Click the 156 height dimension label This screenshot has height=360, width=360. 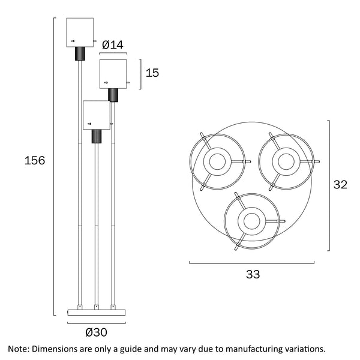pyautogui.click(x=34, y=161)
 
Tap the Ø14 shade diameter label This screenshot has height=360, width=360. pyautogui.click(x=113, y=44)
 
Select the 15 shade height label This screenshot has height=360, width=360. pyautogui.click(x=152, y=73)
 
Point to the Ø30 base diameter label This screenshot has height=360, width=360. pyautogui.click(x=97, y=331)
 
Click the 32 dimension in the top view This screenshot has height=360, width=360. pyautogui.click(x=340, y=185)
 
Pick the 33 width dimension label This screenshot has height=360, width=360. pyautogui.click(x=253, y=275)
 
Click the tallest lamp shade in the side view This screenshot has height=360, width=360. pyautogui.click(x=80, y=33)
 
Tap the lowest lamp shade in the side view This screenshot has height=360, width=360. pyautogui.click(x=96, y=115)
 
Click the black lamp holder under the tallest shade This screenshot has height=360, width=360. pyautogui.click(x=79, y=54)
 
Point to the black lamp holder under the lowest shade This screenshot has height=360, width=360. pyautogui.click(x=95, y=136)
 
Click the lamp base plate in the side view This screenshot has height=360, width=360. pyautogui.click(x=96, y=311)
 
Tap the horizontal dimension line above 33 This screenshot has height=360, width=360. pyautogui.click(x=253, y=262)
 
